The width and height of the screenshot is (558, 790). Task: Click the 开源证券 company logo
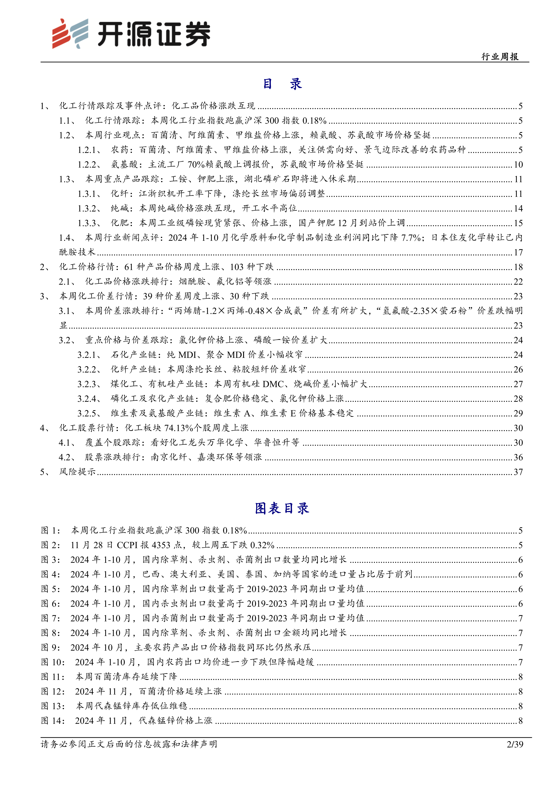pyautogui.click(x=131, y=33)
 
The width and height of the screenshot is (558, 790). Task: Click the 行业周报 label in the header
pyautogui.click(x=500, y=57)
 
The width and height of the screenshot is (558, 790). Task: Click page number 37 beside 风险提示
pyautogui.click(x=518, y=472)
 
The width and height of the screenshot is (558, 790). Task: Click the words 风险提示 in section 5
pyautogui.click(x=77, y=472)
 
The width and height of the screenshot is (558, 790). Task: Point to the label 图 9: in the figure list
pyautogui.click(x=51, y=647)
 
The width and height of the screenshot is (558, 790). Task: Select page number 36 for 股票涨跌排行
pyautogui.click(x=518, y=457)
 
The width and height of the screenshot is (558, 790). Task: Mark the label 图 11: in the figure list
pyautogui.click(x=53, y=677)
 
